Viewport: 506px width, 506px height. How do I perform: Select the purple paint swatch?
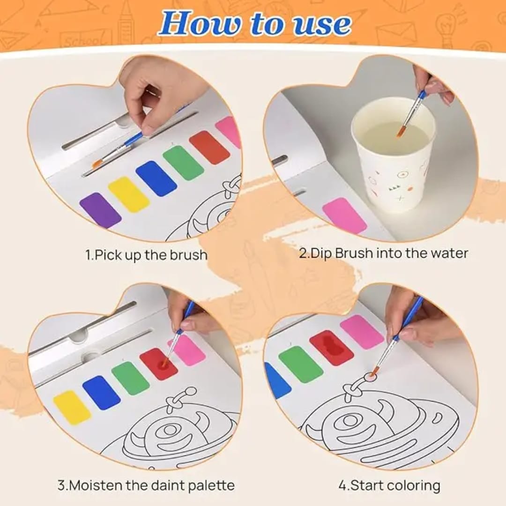click(x=100, y=210)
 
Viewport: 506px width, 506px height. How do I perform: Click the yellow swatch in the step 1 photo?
click(x=129, y=194)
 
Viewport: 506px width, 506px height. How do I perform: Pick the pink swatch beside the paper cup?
click(x=344, y=216)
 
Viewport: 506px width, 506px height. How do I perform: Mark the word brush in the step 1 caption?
click(x=188, y=255)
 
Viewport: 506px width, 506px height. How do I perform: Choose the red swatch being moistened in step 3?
click(x=158, y=364)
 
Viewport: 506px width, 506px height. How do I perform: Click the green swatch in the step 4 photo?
click(x=301, y=364)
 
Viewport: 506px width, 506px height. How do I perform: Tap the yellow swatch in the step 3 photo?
click(x=72, y=407)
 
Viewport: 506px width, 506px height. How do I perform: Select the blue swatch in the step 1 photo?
click(x=156, y=179)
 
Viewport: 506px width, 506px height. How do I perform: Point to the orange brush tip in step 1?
click(x=97, y=164)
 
